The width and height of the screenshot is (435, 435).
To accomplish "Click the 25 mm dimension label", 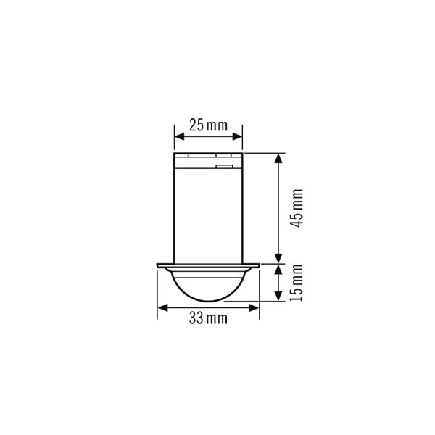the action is click(x=208, y=125).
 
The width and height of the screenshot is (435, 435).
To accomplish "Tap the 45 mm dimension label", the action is click(x=296, y=208).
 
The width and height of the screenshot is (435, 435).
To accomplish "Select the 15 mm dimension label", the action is click(x=296, y=283).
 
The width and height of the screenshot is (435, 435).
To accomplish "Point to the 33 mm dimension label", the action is click(x=208, y=318).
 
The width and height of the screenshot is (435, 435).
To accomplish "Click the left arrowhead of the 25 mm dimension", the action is click(x=180, y=136).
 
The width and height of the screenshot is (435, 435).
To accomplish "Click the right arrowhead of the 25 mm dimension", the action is click(x=238, y=136).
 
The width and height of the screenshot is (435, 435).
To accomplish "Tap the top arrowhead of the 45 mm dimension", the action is click(x=278, y=158).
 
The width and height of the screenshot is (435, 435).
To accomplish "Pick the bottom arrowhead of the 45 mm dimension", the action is click(x=278, y=259).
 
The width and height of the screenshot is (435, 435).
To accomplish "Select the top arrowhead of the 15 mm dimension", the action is click(x=278, y=270).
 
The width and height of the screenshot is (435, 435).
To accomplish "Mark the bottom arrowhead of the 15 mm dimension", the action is click(x=278, y=296).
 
